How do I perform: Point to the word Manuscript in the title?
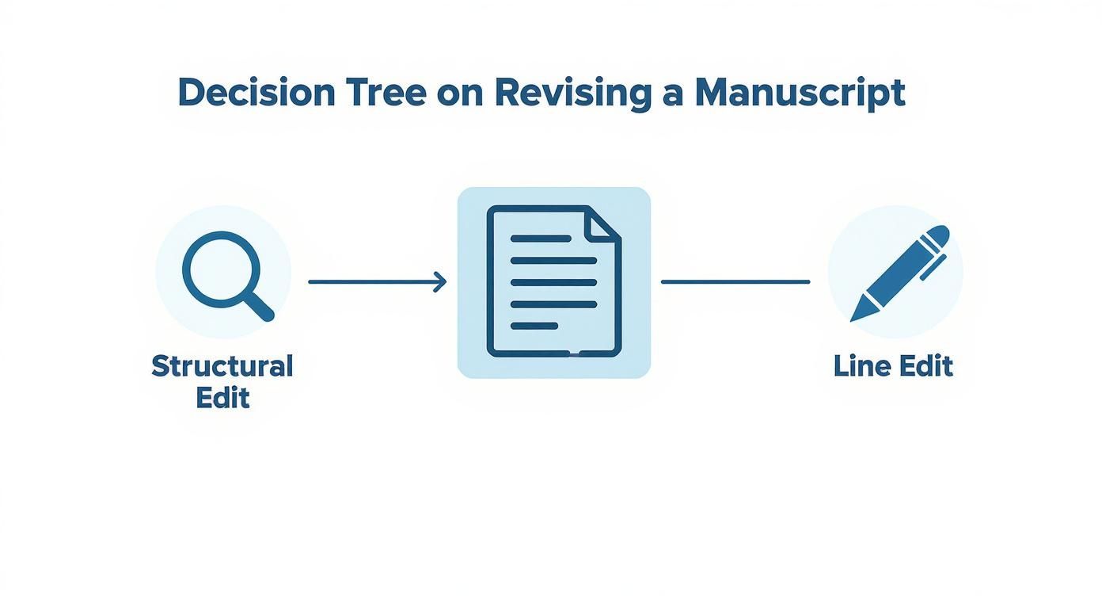(x=800, y=94)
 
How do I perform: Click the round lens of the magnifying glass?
(x=215, y=264)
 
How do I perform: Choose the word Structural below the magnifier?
(x=222, y=366)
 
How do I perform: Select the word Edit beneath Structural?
(x=222, y=397)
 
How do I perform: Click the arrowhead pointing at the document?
(x=440, y=281)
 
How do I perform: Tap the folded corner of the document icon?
(x=603, y=223)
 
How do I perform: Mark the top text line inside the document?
(x=541, y=238)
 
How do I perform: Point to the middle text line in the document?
(x=553, y=282)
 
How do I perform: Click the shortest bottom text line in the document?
(x=534, y=326)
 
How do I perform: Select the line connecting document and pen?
(x=735, y=281)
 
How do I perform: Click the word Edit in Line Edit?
(x=925, y=366)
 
